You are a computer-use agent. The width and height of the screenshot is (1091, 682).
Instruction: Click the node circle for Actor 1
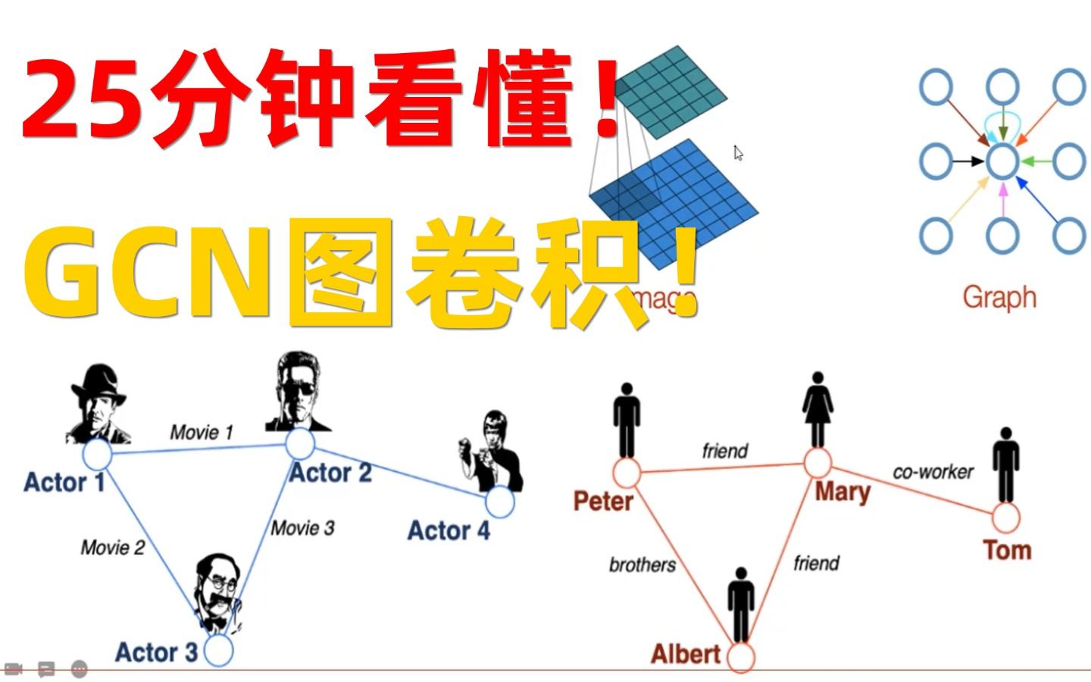pos(97,455)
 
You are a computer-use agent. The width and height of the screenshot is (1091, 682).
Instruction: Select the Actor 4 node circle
pos(500,501)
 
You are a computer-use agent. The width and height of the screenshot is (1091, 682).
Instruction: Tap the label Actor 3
pos(156,652)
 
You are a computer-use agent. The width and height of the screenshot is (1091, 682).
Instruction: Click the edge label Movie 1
pos(202,433)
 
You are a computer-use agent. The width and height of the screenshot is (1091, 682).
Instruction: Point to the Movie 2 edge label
pos(113,547)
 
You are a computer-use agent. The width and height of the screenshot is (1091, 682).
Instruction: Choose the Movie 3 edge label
pos(302,527)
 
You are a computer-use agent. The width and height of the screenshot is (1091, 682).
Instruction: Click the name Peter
pos(603,501)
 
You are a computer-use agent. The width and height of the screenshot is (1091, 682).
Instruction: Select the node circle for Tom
pos(1005,518)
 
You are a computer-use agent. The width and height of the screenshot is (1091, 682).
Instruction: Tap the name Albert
pos(686,654)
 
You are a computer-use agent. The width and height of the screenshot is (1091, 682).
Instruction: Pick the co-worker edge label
pos(933,472)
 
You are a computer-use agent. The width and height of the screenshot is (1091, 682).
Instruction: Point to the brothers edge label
pos(642,565)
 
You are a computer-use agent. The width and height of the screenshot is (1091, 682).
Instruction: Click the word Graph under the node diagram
pos(999,297)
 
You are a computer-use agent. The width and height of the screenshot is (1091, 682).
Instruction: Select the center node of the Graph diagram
pos(1002,161)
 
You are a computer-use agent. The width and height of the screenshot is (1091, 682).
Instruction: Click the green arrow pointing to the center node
pos(1036,161)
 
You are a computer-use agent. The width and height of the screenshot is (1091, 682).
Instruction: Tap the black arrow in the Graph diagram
pos(967,161)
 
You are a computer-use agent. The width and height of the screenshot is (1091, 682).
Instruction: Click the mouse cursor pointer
pos(738,153)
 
